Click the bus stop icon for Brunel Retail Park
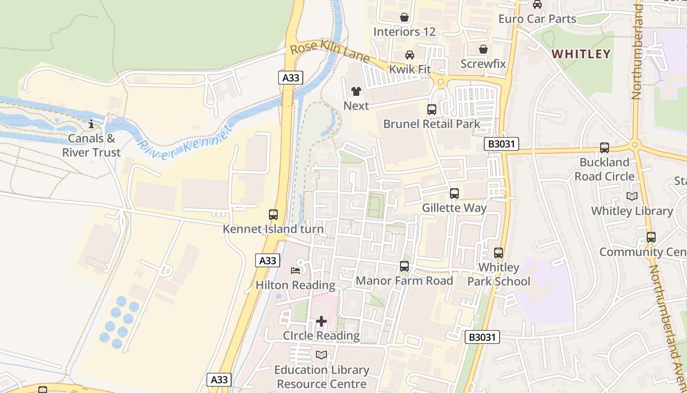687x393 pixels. click(x=432, y=110)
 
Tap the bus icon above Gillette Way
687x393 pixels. click(x=454, y=194)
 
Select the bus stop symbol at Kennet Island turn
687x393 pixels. click(x=273, y=215)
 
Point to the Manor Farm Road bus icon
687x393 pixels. click(x=404, y=266)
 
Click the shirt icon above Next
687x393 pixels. click(x=356, y=91)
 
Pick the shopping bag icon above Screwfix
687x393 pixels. click(x=483, y=49)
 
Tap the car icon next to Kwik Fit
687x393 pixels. click(x=410, y=55)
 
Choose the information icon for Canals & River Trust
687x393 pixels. click(x=91, y=124)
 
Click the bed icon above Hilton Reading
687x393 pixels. click(x=295, y=270)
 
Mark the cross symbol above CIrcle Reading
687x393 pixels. click(x=321, y=321)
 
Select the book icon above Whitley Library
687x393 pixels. click(x=632, y=196)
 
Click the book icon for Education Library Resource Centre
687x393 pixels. click(x=321, y=355)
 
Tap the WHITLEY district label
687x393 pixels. click(x=581, y=54)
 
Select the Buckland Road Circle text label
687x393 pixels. click(x=605, y=169)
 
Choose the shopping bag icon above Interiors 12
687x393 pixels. click(x=404, y=18)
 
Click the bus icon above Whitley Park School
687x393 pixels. click(x=499, y=253)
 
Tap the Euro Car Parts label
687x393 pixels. click(x=537, y=19)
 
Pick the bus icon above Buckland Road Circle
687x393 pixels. click(x=605, y=148)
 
